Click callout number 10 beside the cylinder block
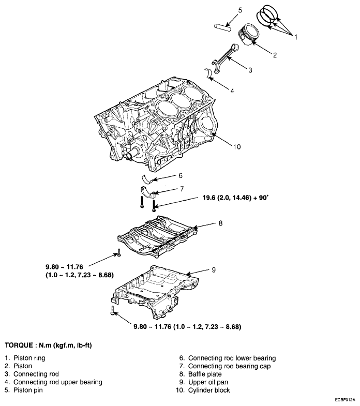point(236,146)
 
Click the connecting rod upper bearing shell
point(211,72)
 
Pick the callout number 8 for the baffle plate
point(220,224)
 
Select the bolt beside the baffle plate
point(118,252)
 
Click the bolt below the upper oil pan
point(112,311)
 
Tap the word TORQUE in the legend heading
point(21,344)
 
